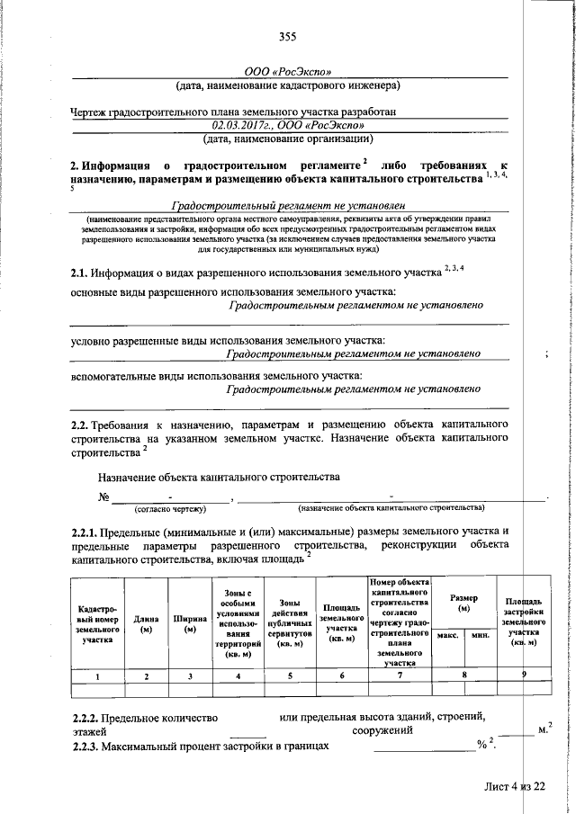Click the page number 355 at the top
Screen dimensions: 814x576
click(287, 37)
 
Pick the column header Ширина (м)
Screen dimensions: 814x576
click(190, 622)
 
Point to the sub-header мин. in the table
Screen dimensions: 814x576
click(480, 635)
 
